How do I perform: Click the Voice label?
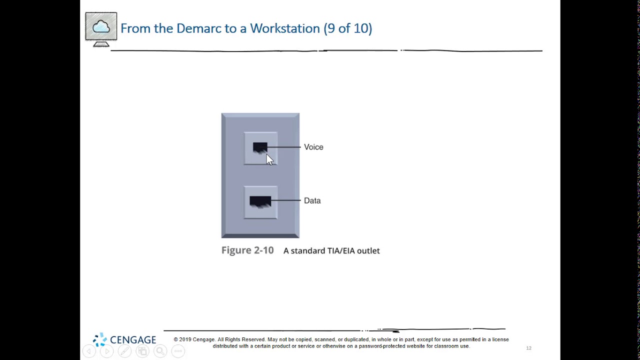point(313,147)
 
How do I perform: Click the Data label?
point(312,200)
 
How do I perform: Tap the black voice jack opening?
point(259,147)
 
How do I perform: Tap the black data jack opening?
point(260,201)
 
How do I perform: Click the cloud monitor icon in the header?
point(101,28)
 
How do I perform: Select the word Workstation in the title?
point(284,28)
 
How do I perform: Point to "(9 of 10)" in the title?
point(347,28)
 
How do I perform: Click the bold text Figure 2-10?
point(247,250)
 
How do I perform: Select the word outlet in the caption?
point(368,251)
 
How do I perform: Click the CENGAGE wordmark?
point(133,340)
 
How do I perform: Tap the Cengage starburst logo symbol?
point(99,339)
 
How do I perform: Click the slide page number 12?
point(528,348)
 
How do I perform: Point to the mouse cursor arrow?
point(269,159)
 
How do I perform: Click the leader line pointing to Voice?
point(285,147)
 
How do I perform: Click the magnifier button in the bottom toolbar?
point(160,351)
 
